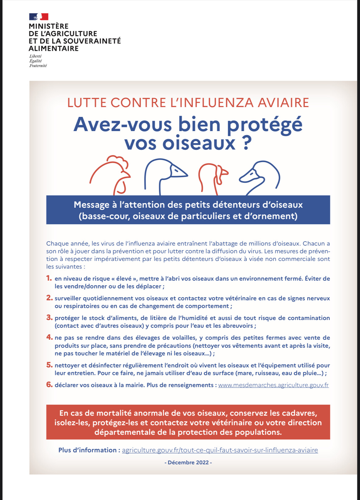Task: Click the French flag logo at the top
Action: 39,17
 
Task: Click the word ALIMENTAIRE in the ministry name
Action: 54,49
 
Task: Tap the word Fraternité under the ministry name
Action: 38,66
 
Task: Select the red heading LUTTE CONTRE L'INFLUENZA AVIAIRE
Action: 188,103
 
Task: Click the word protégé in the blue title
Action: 265,125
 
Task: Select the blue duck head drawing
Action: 260,177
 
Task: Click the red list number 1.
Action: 49,278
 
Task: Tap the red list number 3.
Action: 49,318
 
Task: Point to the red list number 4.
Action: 49,337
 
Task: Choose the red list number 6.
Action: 49,385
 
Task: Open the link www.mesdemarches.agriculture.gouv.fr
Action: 273,385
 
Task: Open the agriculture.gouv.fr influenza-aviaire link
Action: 220,450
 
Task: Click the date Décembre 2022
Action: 188,462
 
